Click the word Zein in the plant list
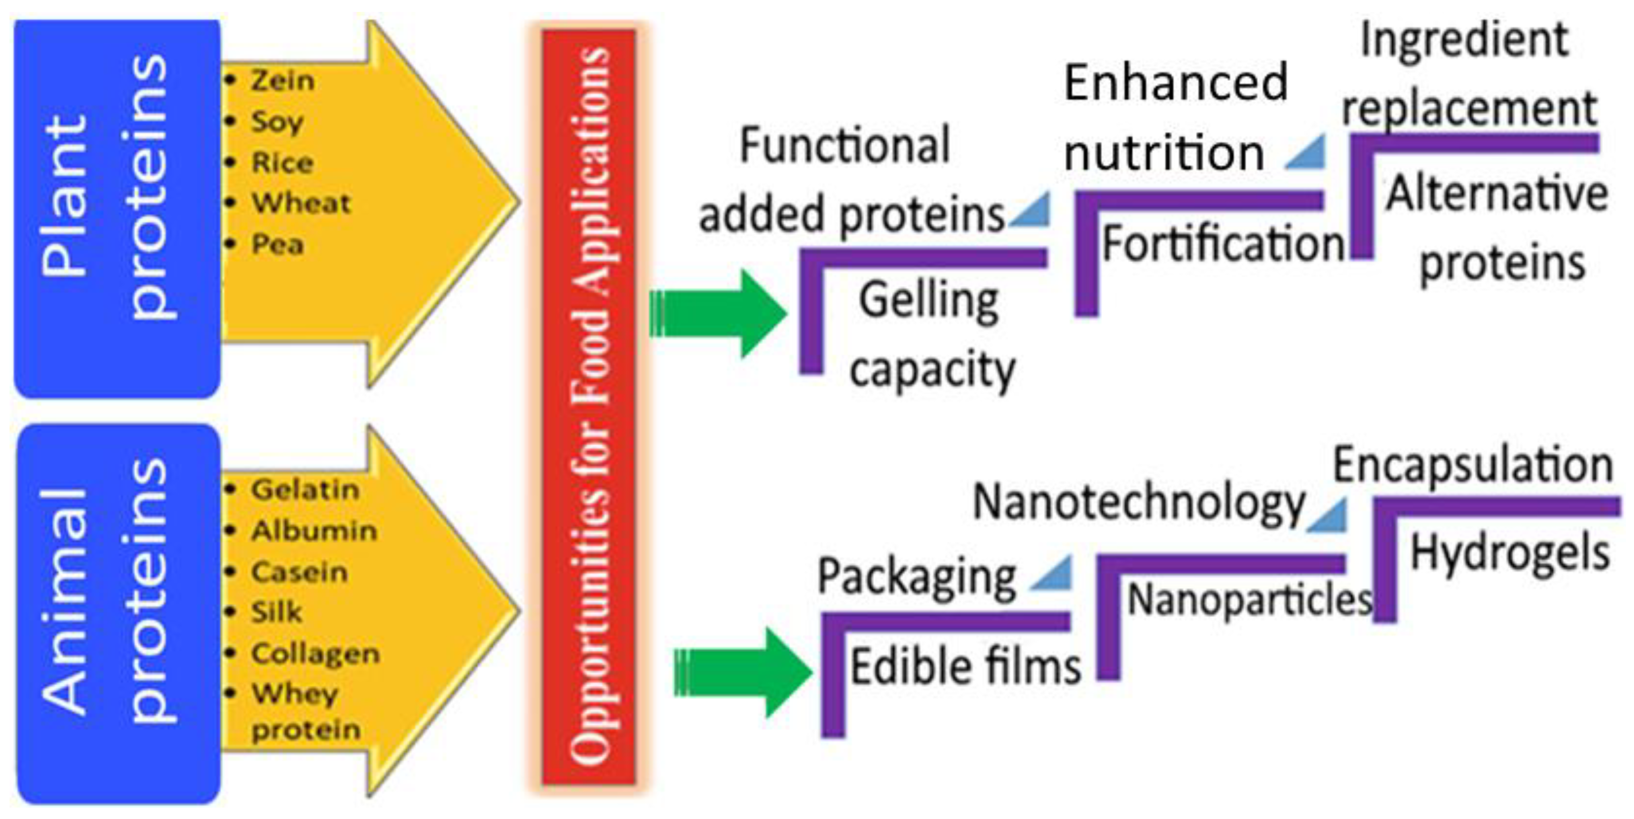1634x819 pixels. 282,80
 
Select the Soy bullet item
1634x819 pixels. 277,122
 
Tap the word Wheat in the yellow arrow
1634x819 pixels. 301,204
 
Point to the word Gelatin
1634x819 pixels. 305,490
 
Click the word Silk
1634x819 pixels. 276,612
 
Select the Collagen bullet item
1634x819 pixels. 315,653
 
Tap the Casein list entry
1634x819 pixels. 299,572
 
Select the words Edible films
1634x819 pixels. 965,667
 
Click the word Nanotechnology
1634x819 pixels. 1139,503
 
